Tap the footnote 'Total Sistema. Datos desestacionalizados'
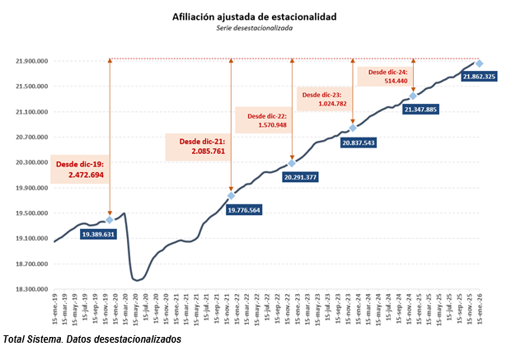91,339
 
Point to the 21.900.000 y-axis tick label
31,61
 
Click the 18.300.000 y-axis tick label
31,289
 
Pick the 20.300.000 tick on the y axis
31,162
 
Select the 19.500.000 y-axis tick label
31,213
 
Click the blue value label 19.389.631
110,235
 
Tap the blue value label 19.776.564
232,210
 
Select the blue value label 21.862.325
479,77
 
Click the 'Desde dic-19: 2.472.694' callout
80,170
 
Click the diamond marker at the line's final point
479,63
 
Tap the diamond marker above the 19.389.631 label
110,220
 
